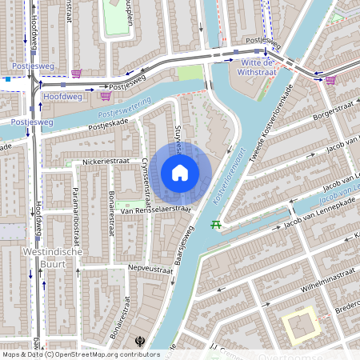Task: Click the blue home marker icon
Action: tap(180, 172)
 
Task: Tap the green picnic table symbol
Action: tap(215, 225)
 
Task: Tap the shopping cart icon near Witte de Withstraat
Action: tap(330, 79)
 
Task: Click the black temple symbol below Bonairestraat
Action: tap(141, 340)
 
